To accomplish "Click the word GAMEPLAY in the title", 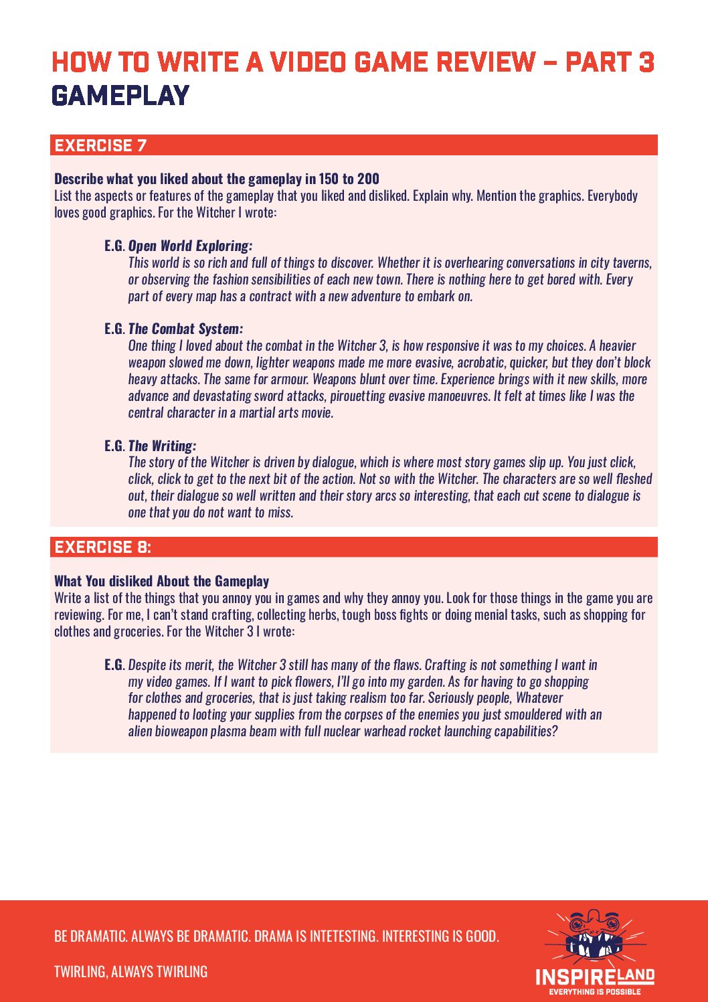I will point(120,96).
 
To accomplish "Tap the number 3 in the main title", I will point(645,62).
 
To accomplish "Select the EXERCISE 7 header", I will point(100,145).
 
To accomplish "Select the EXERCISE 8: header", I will point(103,547).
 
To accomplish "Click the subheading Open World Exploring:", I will point(190,246).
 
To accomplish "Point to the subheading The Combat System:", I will point(185,329).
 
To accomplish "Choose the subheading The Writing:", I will point(162,446).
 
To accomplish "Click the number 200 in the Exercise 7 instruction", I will point(368,179).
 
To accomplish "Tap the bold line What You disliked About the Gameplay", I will point(162,581).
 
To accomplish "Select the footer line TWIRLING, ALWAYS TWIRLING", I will point(130,971).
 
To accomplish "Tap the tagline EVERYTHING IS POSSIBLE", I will point(595,992).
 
